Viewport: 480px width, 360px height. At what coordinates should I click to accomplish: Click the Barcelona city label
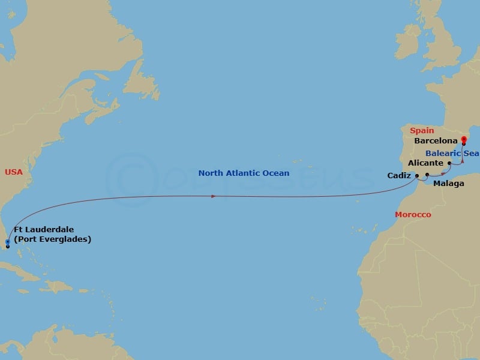[x=436, y=142]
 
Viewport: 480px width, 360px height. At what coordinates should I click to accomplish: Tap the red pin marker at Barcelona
[x=464, y=140]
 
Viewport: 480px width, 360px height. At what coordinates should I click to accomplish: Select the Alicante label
[x=425, y=163]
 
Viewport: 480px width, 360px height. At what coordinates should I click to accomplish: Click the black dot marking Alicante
[x=449, y=163]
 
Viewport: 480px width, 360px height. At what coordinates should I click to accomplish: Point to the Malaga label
[x=448, y=184]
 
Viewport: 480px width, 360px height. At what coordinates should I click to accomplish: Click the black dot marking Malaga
[x=427, y=175]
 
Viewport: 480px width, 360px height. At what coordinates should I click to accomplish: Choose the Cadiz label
[x=400, y=176]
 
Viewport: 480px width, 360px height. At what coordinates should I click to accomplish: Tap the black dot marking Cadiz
[x=417, y=176]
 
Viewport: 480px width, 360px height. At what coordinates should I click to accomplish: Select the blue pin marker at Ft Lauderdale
[x=7, y=242]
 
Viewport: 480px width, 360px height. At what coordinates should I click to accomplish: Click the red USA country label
[x=14, y=172]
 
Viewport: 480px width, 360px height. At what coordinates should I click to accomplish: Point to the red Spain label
[x=422, y=130]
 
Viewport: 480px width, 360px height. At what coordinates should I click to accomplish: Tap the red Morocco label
[x=413, y=215]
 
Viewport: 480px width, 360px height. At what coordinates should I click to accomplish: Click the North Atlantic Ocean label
[x=244, y=173]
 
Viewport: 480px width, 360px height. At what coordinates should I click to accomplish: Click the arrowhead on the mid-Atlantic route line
[x=214, y=196]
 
